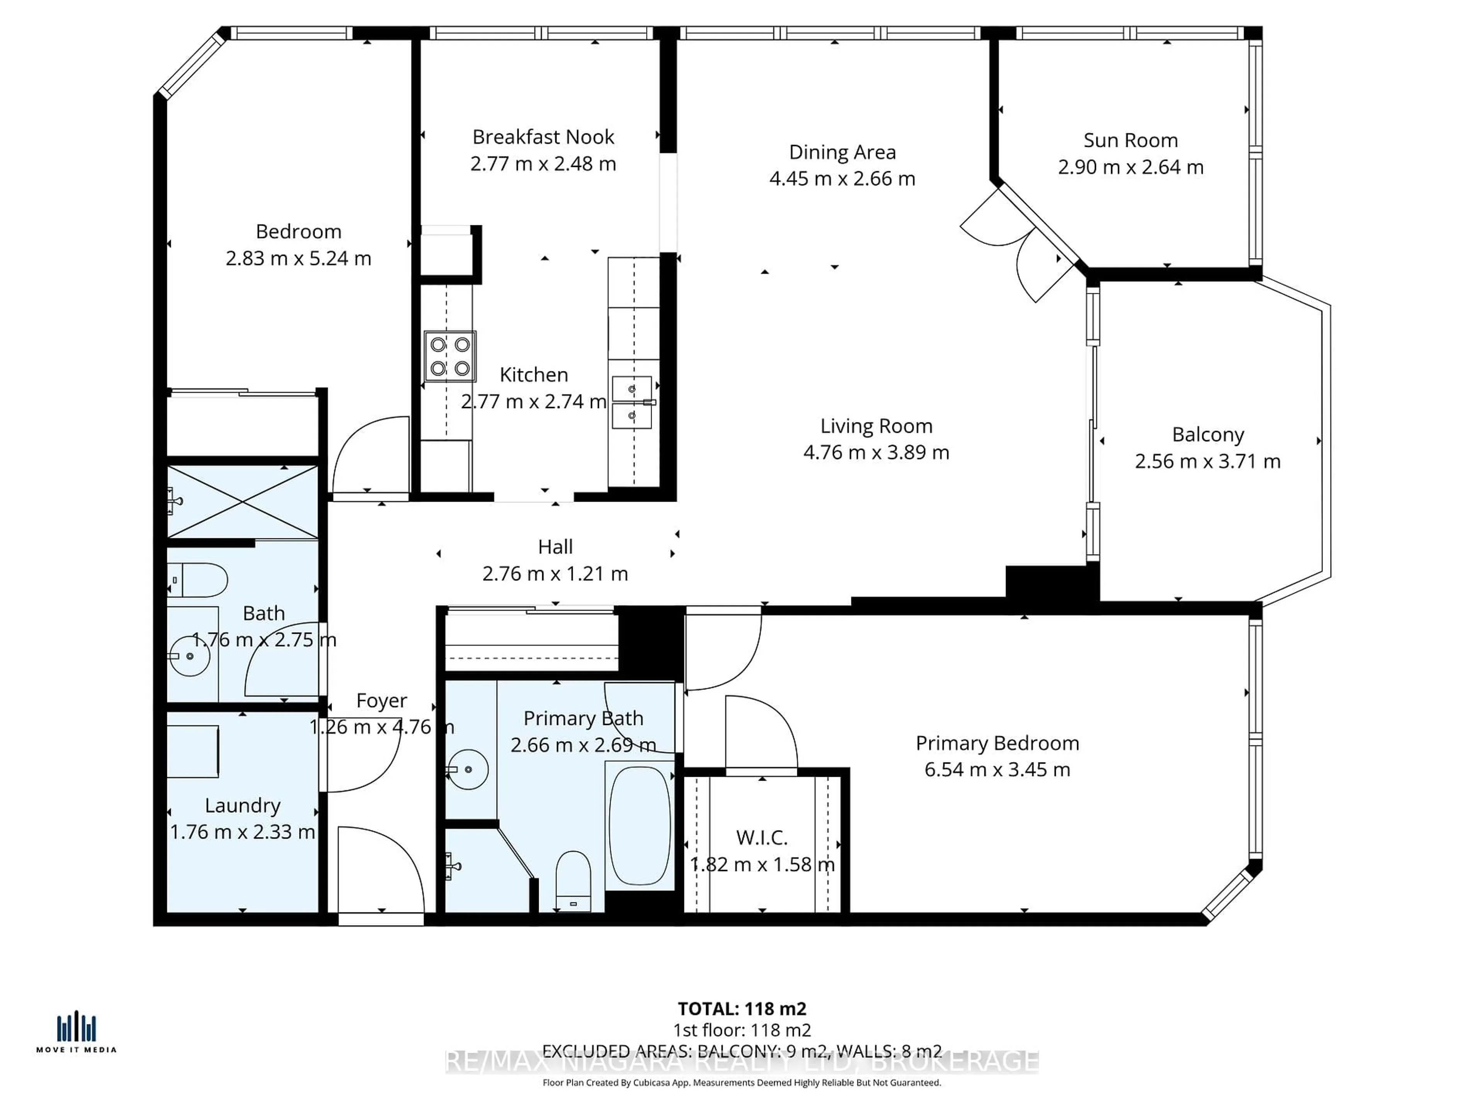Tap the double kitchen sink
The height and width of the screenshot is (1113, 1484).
coord(632,402)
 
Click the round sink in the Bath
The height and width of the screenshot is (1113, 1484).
coord(190,655)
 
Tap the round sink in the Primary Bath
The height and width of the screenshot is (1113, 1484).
coord(468,769)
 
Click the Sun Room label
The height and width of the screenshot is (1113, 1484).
coord(1130,140)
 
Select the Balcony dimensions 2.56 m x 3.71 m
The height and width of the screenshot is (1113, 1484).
coord(1208,461)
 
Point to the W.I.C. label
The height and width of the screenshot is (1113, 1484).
coord(761,837)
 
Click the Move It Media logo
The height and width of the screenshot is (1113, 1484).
coord(77,1033)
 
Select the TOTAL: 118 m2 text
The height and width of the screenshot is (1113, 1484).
coord(742,1009)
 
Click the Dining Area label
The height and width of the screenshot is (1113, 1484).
coord(842,152)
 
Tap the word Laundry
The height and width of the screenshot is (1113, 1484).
coord(242,805)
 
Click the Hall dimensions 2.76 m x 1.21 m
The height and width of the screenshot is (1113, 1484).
coord(555,574)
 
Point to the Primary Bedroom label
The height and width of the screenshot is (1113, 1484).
coord(997,743)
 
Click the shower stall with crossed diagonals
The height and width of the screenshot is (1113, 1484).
coord(242,502)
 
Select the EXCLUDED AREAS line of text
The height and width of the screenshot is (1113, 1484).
coord(742,1051)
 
